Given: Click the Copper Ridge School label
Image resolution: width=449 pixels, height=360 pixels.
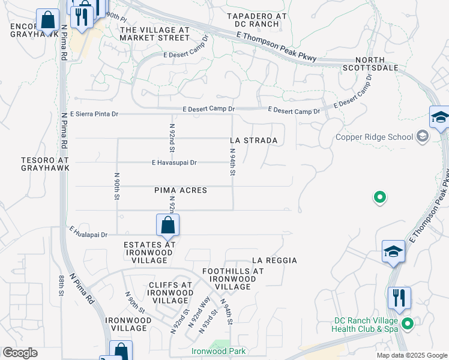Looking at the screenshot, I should click(374, 137).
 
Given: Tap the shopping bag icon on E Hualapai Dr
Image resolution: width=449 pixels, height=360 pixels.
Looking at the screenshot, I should click(168, 226).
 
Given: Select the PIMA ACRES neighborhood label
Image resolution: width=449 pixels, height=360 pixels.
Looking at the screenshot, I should click(181, 190).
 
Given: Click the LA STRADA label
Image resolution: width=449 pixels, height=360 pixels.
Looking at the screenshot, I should click(254, 140).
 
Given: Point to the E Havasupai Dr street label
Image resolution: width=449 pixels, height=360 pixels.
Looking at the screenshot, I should click(174, 163).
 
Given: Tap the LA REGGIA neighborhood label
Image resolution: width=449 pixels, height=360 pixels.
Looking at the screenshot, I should click(274, 260).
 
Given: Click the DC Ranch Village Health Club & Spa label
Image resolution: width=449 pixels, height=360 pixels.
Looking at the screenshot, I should click(366, 325).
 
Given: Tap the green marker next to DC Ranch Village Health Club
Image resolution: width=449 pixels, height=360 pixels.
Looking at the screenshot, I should click(408, 325).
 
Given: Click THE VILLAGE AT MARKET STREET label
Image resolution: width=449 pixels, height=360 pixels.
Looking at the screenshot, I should click(155, 34).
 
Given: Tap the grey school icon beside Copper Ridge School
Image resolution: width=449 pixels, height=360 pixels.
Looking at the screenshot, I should click(423, 137).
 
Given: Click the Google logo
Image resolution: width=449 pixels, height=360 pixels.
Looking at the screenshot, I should click(20, 353).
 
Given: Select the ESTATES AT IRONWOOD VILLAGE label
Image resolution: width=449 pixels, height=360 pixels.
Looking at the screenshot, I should click(149, 253).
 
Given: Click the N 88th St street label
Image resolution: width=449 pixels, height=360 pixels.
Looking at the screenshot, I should click(61, 286).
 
